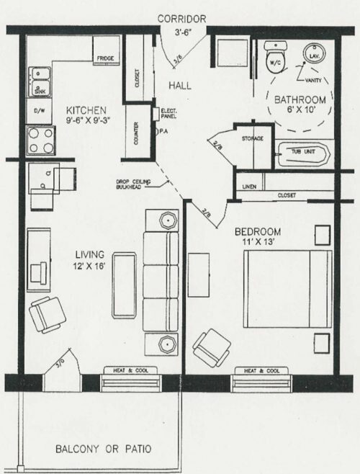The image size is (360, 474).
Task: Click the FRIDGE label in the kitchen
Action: coord(106,58)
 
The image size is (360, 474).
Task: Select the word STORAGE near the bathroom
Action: coord(252,138)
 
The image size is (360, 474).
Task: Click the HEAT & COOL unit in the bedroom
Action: coord(262,371)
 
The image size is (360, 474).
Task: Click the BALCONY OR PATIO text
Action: coord(104,449)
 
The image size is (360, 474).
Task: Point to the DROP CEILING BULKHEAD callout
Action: coord(132,185)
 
